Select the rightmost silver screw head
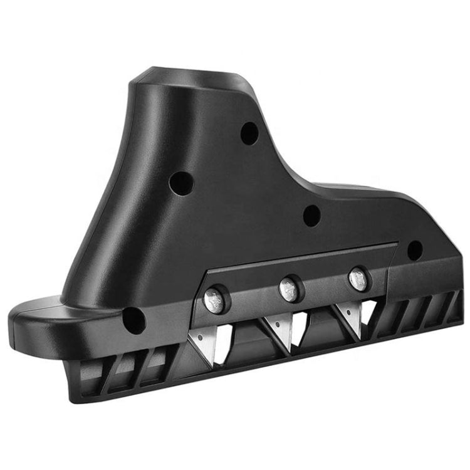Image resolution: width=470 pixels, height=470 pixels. pos(358,278)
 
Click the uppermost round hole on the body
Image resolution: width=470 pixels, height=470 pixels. pos(249,132)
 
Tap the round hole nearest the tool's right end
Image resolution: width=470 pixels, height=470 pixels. pos(414,250)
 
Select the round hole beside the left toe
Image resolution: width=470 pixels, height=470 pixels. pos(133,320)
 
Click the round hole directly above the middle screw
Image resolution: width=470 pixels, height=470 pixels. pos(311,215)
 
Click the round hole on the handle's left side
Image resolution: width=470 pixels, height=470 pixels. pos(182,184)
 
